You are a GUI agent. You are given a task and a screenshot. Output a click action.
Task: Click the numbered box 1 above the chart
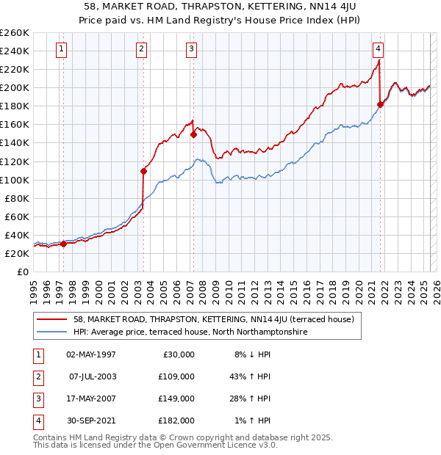[61, 50]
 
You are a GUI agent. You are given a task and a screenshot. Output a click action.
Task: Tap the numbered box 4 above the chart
[378, 50]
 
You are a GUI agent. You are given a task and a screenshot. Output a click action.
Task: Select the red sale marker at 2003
[143, 172]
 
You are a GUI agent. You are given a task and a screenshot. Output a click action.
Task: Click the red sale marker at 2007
[193, 134]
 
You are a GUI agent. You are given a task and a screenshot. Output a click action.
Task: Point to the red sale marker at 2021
[380, 104]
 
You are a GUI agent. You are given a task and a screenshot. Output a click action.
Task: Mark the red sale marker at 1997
[63, 244]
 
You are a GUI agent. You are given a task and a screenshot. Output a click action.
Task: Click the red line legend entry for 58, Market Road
[214, 319]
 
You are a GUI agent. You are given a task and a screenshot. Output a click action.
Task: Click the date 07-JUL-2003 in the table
[92, 376]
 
